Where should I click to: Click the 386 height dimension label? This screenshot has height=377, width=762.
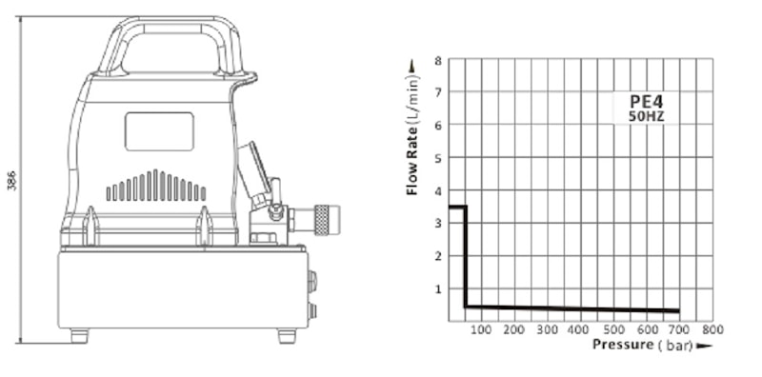coord(11,180)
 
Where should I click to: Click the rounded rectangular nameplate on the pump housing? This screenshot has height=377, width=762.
coord(159,131)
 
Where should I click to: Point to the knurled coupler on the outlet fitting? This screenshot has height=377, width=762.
coord(322,220)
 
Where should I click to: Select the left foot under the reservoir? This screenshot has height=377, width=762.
coord(79,336)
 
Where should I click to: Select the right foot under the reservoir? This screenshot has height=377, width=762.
coord(287,336)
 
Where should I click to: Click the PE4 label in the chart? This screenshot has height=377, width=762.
coord(647,102)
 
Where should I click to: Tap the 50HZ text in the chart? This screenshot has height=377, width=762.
coord(647,117)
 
